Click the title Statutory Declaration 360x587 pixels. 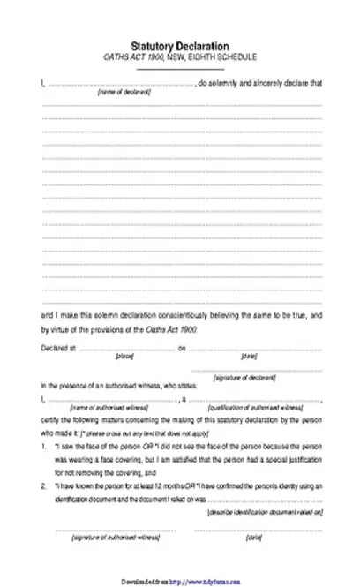click(x=180, y=45)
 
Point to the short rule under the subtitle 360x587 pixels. click(x=180, y=67)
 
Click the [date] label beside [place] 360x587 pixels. click(x=248, y=357)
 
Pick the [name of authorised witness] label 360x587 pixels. click(x=102, y=409)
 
